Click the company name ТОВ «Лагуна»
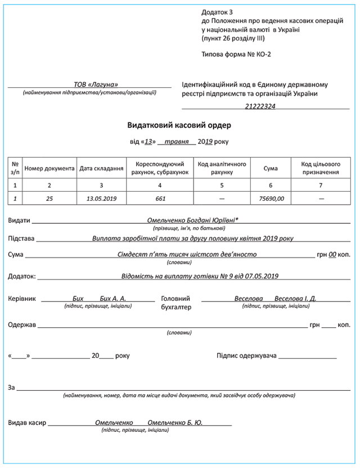tap(96, 84)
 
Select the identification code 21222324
tap(260, 106)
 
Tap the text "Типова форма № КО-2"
tap(236, 55)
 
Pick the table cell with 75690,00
tap(271, 199)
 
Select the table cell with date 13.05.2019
tap(102, 199)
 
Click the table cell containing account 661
tap(160, 199)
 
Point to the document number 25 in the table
tap(49, 199)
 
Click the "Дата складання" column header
tap(102, 168)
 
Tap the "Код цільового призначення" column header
tap(321, 168)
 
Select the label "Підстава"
tap(21, 238)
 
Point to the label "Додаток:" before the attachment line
tap(22, 276)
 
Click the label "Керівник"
tap(23, 299)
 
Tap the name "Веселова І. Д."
tap(295, 299)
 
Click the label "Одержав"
tap(22, 325)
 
